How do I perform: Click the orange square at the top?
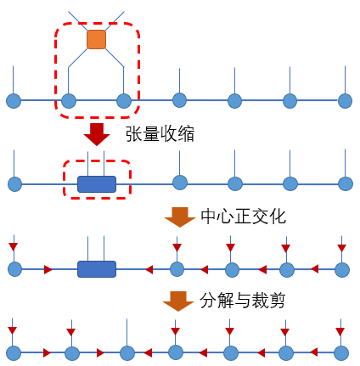point(96,39)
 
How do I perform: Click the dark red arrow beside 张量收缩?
point(97,134)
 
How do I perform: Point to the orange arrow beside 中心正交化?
point(180,217)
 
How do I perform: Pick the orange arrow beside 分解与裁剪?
point(178,301)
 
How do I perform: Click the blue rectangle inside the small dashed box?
point(97,183)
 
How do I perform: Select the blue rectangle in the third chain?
point(97,269)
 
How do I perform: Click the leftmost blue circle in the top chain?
point(14,101)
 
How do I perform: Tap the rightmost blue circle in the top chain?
point(345,101)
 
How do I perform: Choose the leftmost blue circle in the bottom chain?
point(14,352)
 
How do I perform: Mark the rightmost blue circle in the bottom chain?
point(341,352)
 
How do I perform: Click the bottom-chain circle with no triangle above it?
point(127,352)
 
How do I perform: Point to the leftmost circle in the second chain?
point(14,183)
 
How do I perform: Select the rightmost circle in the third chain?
point(341,269)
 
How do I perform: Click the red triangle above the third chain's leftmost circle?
point(14,247)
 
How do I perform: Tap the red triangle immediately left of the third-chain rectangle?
point(48,269)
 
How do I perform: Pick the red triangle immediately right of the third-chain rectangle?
point(149,269)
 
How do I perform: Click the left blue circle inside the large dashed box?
point(69,101)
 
